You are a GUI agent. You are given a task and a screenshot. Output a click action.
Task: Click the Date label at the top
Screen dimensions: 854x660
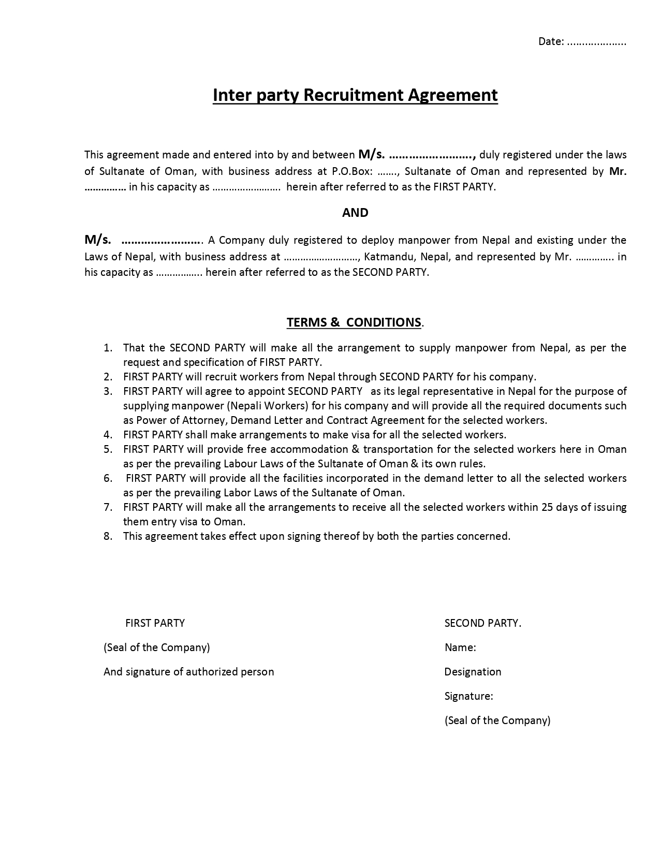pyautogui.click(x=551, y=42)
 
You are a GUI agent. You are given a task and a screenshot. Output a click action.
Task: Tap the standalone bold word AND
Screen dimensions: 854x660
pyautogui.click(x=355, y=213)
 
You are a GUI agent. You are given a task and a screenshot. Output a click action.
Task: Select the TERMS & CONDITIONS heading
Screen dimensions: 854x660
pyautogui.click(x=354, y=322)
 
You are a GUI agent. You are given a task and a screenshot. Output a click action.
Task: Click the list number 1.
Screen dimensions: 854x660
pyautogui.click(x=108, y=348)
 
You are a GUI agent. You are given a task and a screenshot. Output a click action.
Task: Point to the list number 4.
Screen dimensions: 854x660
pyautogui.click(x=108, y=435)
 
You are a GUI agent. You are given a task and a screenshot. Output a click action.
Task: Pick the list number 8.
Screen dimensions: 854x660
pyautogui.click(x=108, y=536)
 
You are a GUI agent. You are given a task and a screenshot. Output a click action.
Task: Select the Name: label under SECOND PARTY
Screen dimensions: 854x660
pyautogui.click(x=460, y=647)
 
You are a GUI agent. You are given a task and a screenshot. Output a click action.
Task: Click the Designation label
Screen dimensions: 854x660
pyautogui.click(x=473, y=672)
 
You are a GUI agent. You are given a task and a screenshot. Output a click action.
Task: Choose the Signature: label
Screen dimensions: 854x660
pyautogui.click(x=468, y=696)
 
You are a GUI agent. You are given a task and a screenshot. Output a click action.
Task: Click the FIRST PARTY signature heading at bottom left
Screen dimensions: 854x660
pyautogui.click(x=155, y=623)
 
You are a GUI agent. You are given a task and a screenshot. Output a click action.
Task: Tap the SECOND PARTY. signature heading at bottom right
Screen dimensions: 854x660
pyautogui.click(x=482, y=623)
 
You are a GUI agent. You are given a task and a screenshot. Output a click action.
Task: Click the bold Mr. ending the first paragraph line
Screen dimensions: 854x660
pyautogui.click(x=618, y=171)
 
